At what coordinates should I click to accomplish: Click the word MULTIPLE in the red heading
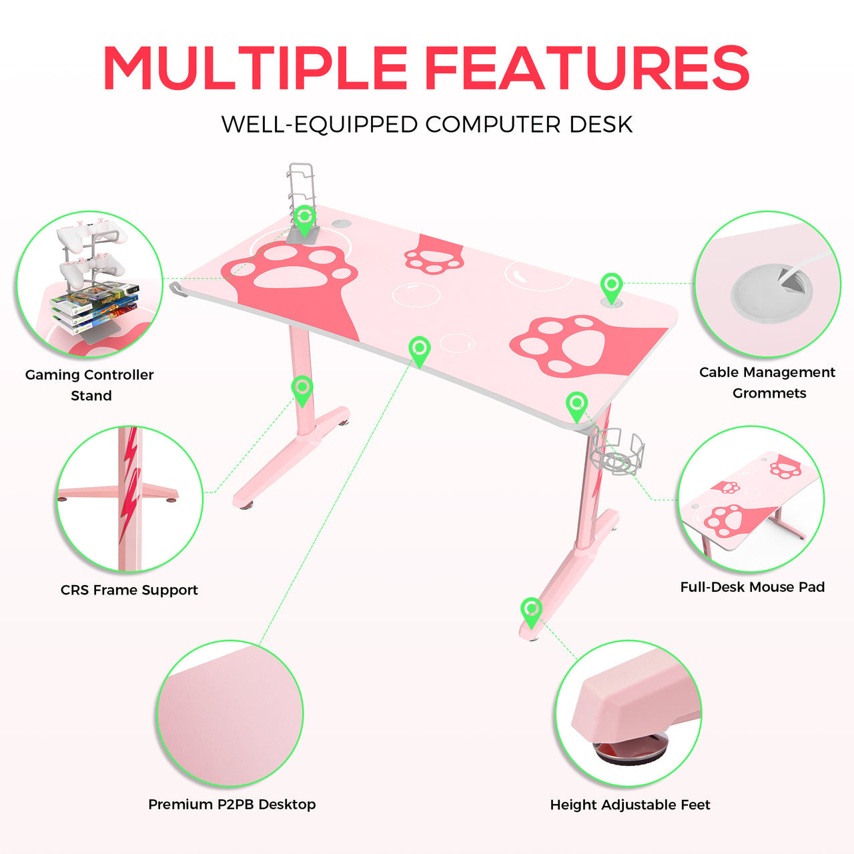tap(255, 67)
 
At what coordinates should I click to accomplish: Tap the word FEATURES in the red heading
tap(589, 67)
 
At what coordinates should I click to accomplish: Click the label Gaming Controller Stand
tap(89, 385)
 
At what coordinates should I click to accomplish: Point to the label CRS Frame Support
tap(129, 590)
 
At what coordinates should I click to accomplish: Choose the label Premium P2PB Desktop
tap(232, 804)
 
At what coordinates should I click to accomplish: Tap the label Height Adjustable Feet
tap(630, 805)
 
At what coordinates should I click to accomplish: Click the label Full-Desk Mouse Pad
tap(753, 586)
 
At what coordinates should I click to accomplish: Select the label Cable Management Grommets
tap(767, 382)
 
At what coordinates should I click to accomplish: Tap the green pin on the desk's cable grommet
tap(612, 288)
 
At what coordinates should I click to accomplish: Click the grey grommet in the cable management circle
tap(771, 295)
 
